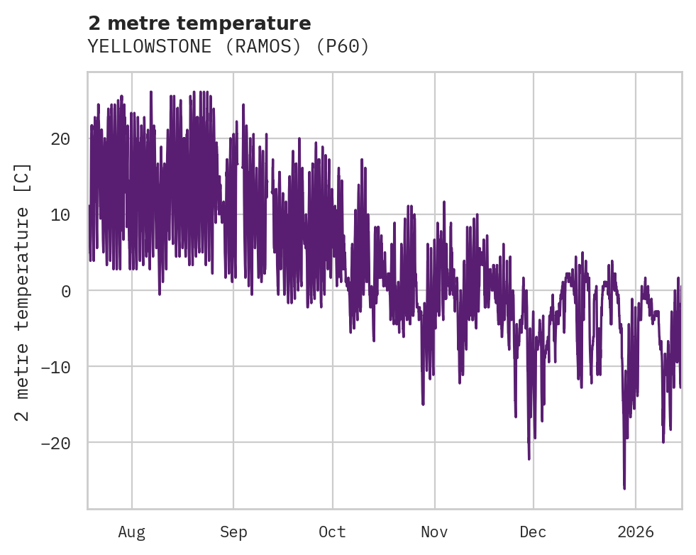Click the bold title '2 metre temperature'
pos(199,23)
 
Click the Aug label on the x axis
pos(131,532)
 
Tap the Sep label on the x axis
pos(233,532)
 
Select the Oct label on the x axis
pos(332,532)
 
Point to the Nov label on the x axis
pos(434,532)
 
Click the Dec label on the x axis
pos(533,532)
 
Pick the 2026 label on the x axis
pos(635,532)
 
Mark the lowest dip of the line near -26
pos(624,488)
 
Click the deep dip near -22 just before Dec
pos(529,458)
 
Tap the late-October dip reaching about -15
pos(423,404)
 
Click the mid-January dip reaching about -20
pos(663,441)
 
